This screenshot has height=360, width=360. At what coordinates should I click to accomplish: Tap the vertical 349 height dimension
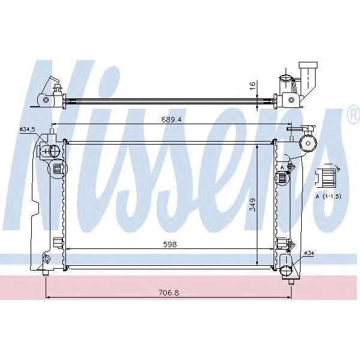click(x=253, y=205)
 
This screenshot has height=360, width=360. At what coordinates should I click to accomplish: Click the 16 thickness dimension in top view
click(x=253, y=86)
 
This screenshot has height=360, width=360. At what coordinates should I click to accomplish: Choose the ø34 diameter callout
click(x=308, y=253)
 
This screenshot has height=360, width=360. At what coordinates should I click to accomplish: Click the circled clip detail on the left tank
click(x=58, y=169)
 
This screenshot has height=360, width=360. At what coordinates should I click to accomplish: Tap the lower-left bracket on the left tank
click(x=57, y=242)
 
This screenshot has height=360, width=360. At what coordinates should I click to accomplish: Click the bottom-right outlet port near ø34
click(x=289, y=267)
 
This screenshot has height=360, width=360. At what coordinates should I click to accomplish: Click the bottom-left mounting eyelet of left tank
click(x=46, y=259)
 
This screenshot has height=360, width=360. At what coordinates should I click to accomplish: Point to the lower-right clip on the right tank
click(x=281, y=243)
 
